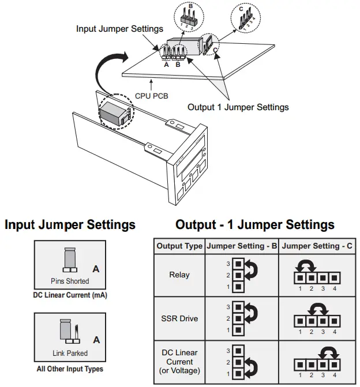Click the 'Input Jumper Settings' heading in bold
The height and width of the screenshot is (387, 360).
70,225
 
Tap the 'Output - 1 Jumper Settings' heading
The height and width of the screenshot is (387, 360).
255,225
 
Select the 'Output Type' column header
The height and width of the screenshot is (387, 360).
179,246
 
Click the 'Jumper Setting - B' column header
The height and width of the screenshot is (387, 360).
242,246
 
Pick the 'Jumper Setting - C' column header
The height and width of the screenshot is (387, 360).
317,246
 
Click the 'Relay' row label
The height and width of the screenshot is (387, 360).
179,276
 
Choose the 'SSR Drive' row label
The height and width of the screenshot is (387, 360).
179,318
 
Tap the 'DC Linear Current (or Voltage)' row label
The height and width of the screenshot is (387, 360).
179,362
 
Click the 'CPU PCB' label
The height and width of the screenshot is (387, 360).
151,96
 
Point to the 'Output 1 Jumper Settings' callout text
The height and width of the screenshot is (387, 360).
238,107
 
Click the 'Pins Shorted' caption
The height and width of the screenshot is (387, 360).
69,281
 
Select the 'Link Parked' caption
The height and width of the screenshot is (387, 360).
69,353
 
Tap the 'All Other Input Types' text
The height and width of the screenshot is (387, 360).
70,369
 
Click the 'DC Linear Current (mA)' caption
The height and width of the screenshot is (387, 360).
70,295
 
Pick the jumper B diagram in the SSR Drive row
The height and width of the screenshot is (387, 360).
242,318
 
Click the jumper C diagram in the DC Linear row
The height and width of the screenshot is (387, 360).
317,360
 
